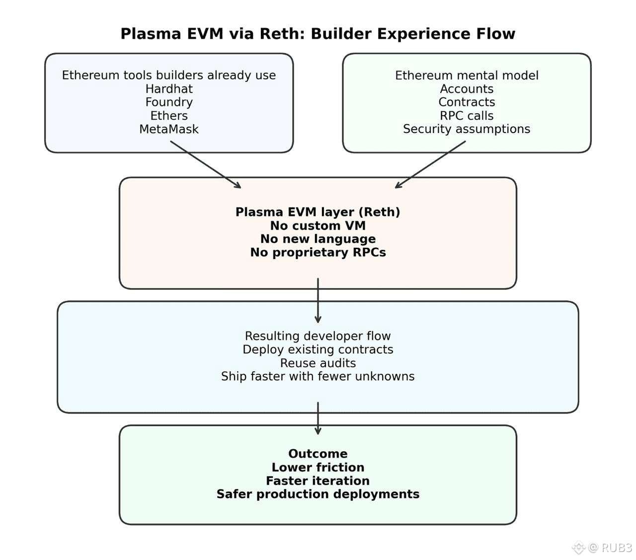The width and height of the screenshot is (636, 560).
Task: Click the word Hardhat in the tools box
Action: click(x=169, y=89)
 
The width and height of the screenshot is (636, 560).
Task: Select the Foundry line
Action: click(x=169, y=102)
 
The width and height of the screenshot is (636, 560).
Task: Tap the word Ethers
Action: click(x=169, y=116)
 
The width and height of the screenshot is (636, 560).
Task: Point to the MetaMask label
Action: click(x=169, y=129)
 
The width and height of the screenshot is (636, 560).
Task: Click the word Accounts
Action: click(x=467, y=89)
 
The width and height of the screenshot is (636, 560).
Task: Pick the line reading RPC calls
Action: click(x=467, y=116)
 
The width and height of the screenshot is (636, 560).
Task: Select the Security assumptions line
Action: click(x=467, y=129)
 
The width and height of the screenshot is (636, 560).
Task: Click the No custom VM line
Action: click(x=318, y=226)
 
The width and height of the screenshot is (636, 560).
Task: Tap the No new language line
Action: click(x=318, y=239)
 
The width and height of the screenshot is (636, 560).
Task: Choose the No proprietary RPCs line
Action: click(x=318, y=253)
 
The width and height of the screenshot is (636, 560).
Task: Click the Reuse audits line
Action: click(x=318, y=363)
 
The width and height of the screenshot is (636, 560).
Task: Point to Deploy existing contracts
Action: click(x=318, y=350)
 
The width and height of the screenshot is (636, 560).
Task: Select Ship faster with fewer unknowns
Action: click(x=318, y=376)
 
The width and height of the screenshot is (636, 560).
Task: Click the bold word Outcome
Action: click(x=318, y=454)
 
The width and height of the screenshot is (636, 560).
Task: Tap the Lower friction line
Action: click(x=318, y=468)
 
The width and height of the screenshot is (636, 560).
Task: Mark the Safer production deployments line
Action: click(x=318, y=494)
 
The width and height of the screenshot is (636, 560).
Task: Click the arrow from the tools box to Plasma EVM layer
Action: click(x=206, y=164)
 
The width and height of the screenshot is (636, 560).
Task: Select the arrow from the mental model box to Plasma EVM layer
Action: click(x=430, y=164)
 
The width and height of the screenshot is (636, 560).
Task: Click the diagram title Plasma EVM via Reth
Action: click(x=318, y=34)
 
